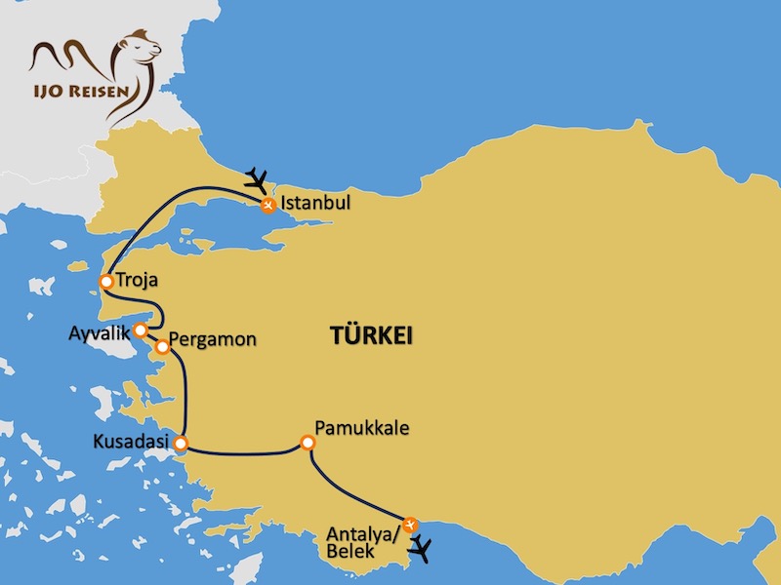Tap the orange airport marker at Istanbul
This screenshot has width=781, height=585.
[x=267, y=204]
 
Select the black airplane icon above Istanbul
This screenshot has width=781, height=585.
[x=257, y=178]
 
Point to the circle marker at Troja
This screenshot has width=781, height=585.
[x=105, y=283]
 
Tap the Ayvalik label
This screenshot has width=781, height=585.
[x=99, y=331]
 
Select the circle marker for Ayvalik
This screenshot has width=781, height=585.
[x=141, y=330]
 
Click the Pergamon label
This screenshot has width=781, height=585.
[x=213, y=341]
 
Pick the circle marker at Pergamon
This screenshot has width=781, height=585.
[x=162, y=346]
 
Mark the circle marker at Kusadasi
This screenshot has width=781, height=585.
[x=181, y=446]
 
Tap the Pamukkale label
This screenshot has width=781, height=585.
[x=361, y=427]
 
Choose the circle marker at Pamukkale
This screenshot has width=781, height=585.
[x=308, y=444]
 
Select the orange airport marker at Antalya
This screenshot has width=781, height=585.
[x=411, y=524]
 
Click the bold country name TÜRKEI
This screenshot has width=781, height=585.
[x=371, y=336]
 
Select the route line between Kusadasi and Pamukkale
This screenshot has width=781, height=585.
[x=244, y=453]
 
